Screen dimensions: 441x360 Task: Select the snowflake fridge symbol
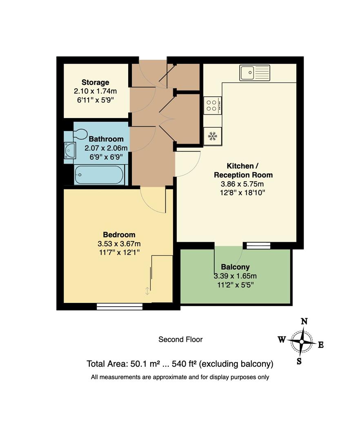click(212, 136)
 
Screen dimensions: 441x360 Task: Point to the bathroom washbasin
click(70, 151)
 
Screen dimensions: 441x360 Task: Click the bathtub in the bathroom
click(99, 175)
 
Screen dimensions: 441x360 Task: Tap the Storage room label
click(95, 82)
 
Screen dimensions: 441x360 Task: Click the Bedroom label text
click(119, 235)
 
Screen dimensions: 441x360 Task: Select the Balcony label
click(236, 267)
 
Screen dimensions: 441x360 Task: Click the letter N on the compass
click(304, 321)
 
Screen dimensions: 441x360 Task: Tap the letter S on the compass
click(299, 361)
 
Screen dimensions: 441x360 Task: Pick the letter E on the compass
click(321, 345)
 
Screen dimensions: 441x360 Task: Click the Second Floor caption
click(180, 339)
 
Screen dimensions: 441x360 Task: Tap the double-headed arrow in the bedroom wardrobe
click(147, 291)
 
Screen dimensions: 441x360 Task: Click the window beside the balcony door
click(257, 245)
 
